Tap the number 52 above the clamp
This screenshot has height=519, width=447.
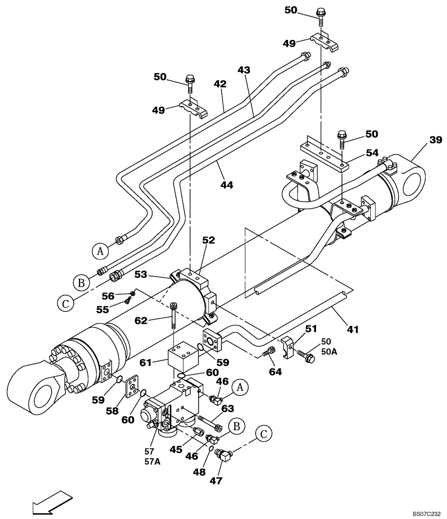pyautogui.click(x=208, y=240)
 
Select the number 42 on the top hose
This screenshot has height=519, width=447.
pyautogui.click(x=220, y=83)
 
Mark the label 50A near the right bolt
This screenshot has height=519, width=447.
pyautogui.click(x=329, y=352)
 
